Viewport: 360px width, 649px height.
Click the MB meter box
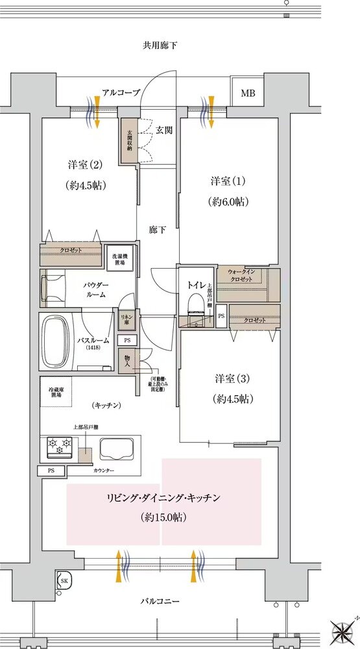pyautogui.click(x=248, y=93)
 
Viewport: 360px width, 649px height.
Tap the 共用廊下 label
pyautogui.click(x=160, y=45)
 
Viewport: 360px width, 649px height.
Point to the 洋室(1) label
pyautogui.click(x=229, y=179)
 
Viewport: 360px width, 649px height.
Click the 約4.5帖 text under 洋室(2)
pyautogui.click(x=86, y=185)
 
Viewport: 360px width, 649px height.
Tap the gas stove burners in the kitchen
pyautogui.click(x=59, y=447)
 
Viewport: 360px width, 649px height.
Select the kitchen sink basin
pyautogui.click(x=117, y=448)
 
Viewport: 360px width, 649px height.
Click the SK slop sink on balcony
pyautogui.click(x=64, y=580)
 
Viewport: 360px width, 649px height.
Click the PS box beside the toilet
pyautogui.click(x=221, y=316)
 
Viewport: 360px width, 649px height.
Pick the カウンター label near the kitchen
pyautogui.click(x=104, y=469)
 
